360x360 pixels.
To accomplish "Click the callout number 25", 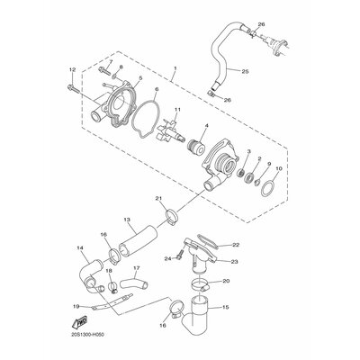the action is pyautogui.click(x=245, y=72).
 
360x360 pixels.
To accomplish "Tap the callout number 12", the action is pyautogui.click(x=72, y=69).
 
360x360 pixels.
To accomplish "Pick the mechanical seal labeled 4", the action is pyautogui.click(x=195, y=148).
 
